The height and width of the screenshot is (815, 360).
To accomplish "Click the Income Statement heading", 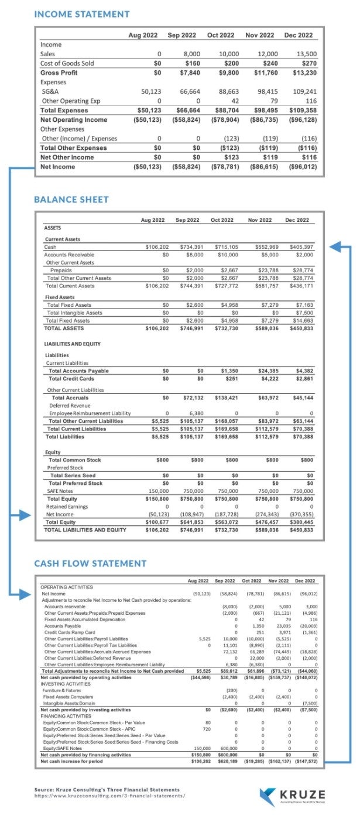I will click(x=82, y=13).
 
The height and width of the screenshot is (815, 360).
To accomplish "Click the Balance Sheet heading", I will click(x=71, y=200).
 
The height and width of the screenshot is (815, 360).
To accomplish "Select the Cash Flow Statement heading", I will click(x=90, y=563).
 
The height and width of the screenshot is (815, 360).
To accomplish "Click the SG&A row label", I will click(x=49, y=91).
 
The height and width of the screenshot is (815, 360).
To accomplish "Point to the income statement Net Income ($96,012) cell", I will click(x=300, y=167).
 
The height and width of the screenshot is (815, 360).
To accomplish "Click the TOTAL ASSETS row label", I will click(x=64, y=328).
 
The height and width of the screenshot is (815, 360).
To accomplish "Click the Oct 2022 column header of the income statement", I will click(x=221, y=35).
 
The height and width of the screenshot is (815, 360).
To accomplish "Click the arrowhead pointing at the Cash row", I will click(x=334, y=247).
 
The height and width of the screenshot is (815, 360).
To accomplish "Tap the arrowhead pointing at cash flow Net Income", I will click(x=24, y=595).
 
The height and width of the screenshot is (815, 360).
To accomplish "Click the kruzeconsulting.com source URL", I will click(x=110, y=796).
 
